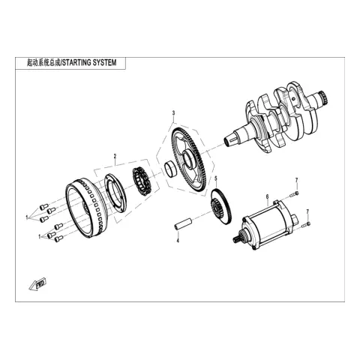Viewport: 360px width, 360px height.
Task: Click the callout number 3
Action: click(x=173, y=113)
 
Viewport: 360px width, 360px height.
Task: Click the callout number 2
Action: click(x=115, y=156)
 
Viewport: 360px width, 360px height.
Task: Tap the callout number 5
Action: click(x=216, y=178)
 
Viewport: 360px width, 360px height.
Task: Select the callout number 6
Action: click(x=267, y=196)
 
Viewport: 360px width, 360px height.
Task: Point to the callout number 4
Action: click(x=178, y=241)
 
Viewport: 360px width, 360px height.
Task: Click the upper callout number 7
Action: click(x=296, y=180)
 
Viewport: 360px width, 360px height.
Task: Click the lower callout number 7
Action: click(x=307, y=211)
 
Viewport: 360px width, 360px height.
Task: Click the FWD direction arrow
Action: click(x=37, y=284)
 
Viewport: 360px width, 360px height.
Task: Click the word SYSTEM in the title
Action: click(x=104, y=62)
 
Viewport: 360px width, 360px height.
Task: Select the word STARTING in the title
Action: click(x=76, y=62)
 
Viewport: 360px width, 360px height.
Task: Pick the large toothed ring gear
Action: click(x=190, y=160)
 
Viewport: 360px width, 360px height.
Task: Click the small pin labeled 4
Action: click(x=183, y=223)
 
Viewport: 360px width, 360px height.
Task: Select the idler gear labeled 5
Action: click(x=220, y=207)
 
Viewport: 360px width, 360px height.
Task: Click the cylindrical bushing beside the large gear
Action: click(x=170, y=169)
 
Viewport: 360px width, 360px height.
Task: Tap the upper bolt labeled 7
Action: click(x=294, y=193)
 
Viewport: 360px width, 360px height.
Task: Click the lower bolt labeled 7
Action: click(x=306, y=224)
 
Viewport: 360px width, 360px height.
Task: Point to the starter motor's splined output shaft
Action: click(x=237, y=238)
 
